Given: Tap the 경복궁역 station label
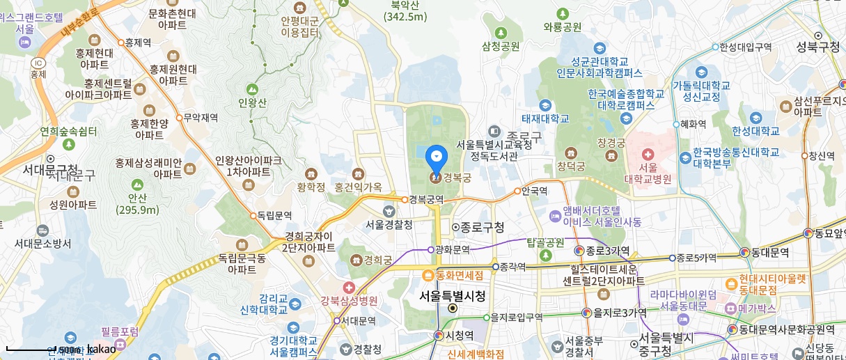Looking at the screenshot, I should click(x=427, y=199).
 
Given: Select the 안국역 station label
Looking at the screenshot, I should click(x=534, y=190).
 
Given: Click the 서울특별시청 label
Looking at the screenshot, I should click(x=452, y=296).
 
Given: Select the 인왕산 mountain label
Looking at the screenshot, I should click(x=252, y=103).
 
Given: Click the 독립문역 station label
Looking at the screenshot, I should click(x=274, y=216).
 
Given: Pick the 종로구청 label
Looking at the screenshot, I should click(x=482, y=227).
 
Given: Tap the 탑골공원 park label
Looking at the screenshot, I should click(x=545, y=243).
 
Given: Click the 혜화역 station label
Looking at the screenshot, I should click(x=693, y=125).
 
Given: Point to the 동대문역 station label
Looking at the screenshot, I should click(x=769, y=251).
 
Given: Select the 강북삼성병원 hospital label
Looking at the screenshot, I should click(x=349, y=301).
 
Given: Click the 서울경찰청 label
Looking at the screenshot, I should click(x=389, y=224).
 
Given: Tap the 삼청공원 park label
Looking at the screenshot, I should click(x=501, y=47).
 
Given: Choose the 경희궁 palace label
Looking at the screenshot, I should click(x=376, y=260).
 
